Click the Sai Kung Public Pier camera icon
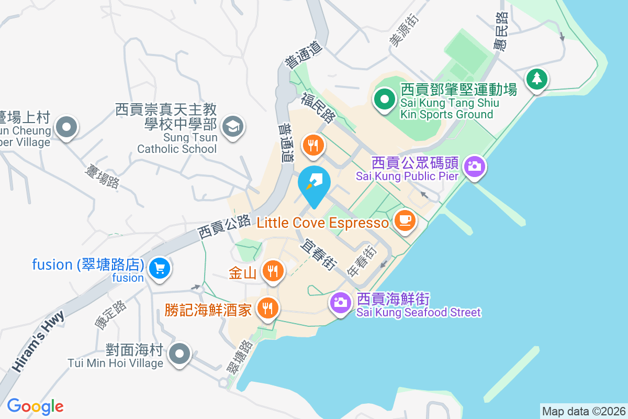(x=475, y=167)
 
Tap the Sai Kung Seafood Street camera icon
(x=340, y=302)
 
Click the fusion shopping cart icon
(x=158, y=269)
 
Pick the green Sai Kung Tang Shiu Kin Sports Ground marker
(x=385, y=99)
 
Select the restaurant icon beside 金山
(x=272, y=271)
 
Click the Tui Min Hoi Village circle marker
(x=180, y=354)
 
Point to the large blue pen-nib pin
(x=314, y=184)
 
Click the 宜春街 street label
(x=318, y=255)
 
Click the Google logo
(x=35, y=406)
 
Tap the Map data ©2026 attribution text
(x=583, y=411)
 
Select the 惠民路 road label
(x=500, y=31)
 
